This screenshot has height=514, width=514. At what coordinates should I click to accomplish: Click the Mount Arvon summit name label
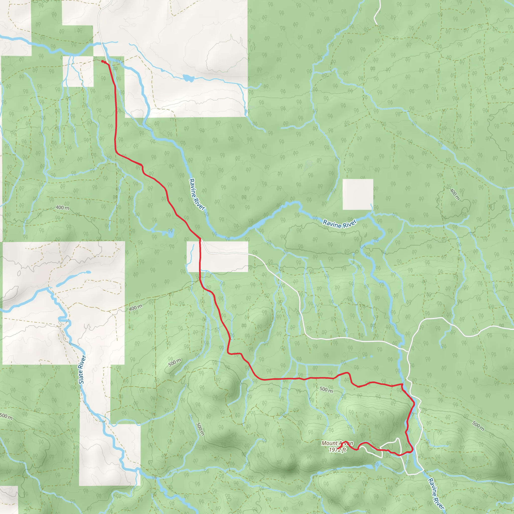click(x=337, y=443)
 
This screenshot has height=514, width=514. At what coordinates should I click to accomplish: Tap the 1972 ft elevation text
click(x=337, y=450)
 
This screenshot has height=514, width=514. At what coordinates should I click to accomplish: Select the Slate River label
click(x=82, y=369)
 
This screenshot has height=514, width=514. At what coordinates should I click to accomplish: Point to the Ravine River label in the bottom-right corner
click(x=436, y=494)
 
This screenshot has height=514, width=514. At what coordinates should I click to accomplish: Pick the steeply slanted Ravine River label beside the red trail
click(x=197, y=195)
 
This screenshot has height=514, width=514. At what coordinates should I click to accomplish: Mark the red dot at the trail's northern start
click(x=102, y=61)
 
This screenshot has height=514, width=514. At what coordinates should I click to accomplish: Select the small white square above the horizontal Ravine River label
click(x=358, y=194)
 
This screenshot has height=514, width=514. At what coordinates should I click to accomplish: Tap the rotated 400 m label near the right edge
click(x=455, y=194)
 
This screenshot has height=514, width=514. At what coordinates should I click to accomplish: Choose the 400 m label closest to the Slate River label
click(x=136, y=308)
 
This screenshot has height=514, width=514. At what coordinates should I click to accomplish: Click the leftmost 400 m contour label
click(x=62, y=208)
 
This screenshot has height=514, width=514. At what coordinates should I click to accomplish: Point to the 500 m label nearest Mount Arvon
click(x=326, y=390)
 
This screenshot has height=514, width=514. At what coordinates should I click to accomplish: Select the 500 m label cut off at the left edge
click(x=6, y=416)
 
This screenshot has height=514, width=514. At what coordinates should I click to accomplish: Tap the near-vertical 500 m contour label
click(x=200, y=429)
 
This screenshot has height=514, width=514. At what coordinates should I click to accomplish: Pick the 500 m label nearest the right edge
click(x=478, y=426)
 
